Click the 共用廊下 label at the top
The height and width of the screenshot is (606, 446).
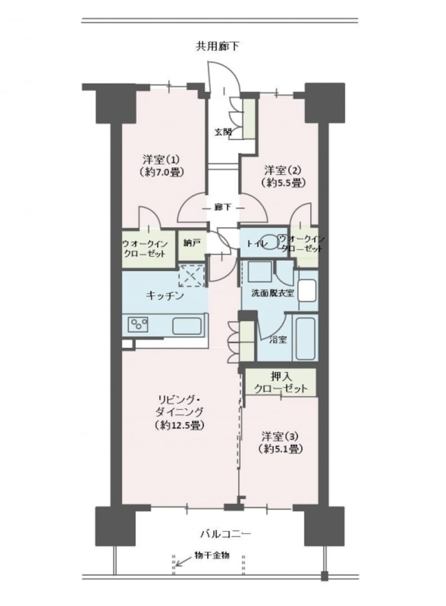(217, 46)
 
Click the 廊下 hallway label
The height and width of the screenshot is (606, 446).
(223, 207)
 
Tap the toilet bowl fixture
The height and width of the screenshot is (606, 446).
(272, 243)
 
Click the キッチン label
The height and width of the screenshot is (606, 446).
(164, 296)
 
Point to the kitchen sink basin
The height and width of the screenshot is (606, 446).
(188, 325)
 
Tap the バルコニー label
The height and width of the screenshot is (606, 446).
(226, 534)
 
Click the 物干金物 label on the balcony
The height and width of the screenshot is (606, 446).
(212, 556)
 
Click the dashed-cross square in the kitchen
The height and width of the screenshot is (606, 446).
(191, 275)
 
